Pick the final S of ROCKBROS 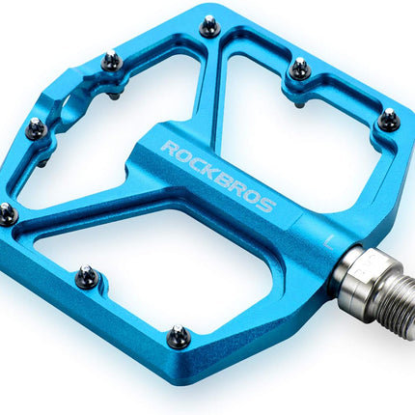(266, 205)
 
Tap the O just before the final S (254, 197)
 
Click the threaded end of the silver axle (393, 290)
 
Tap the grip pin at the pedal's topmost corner (209, 25)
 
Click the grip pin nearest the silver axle (388, 120)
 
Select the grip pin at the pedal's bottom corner (178, 337)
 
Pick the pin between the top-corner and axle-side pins (300, 69)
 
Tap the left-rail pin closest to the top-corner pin (112, 62)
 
